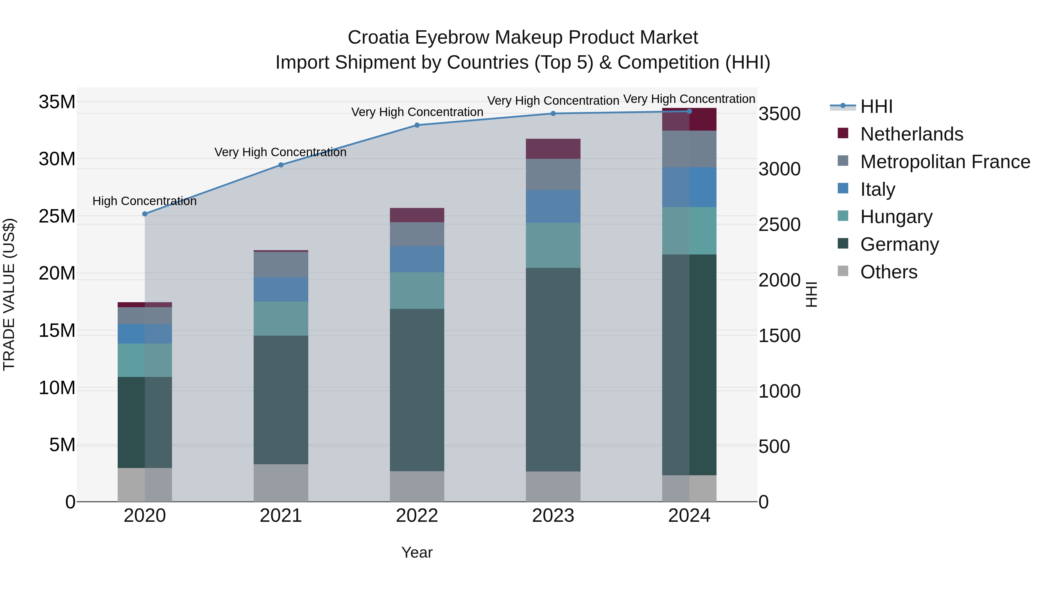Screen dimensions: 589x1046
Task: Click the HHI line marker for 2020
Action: tap(145, 214)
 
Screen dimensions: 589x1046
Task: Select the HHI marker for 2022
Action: tap(417, 125)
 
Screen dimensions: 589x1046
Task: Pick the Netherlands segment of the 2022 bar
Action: tap(417, 215)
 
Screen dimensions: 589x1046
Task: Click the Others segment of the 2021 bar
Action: tap(281, 483)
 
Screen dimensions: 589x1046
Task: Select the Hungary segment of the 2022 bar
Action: tap(417, 290)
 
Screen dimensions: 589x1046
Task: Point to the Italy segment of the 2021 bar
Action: tap(281, 289)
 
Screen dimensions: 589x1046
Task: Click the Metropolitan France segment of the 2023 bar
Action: tap(553, 175)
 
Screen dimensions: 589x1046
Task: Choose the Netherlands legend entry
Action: tap(911, 134)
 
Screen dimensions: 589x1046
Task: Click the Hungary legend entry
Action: tap(896, 217)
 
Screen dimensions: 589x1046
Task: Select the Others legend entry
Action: tap(889, 272)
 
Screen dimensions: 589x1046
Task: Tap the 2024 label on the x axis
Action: tap(689, 516)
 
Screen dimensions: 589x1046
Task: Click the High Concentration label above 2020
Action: tap(145, 201)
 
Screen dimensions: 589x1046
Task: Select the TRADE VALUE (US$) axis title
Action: tap(9, 294)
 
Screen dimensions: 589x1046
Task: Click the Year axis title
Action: tap(417, 552)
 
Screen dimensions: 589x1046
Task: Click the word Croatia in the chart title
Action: tap(378, 38)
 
